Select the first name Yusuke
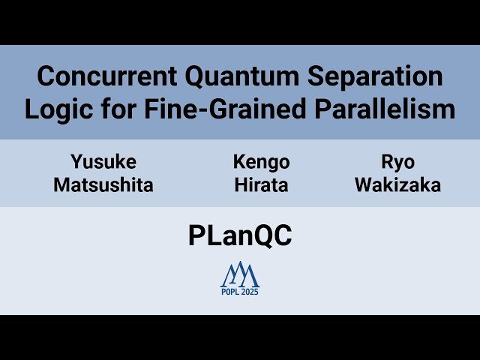tap(103, 162)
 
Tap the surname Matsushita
tap(103, 185)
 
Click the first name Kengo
tap(261, 162)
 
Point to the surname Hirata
tap(261, 185)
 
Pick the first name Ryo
tap(397, 162)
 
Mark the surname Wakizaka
tap(397, 185)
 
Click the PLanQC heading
tap(239, 236)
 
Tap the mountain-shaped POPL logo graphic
tap(239, 275)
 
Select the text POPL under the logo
tap(230, 292)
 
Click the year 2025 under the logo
tap(250, 292)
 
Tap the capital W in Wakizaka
tap(364, 185)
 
